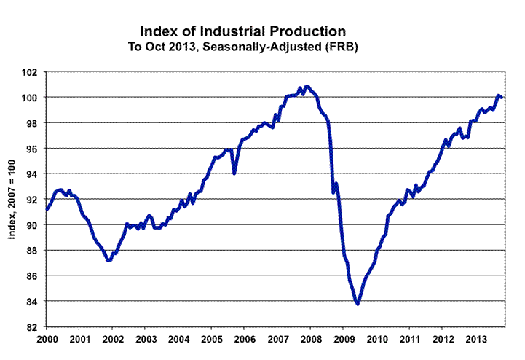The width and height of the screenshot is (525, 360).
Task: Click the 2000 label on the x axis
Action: [x=47, y=339]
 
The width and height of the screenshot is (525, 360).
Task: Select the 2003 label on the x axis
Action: [x=146, y=339]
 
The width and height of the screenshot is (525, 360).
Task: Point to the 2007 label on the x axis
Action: [x=277, y=339]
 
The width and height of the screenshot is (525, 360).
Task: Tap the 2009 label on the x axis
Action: [x=344, y=339]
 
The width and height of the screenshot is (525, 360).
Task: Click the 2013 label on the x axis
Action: [x=475, y=339]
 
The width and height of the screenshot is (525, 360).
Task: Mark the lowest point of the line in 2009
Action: [x=358, y=304]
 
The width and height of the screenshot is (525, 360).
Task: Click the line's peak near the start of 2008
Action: [x=307, y=87]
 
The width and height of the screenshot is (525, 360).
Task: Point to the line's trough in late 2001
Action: [x=108, y=260]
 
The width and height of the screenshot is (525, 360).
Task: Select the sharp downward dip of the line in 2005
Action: [x=234, y=173]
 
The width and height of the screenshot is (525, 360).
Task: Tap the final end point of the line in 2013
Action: [x=502, y=98]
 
